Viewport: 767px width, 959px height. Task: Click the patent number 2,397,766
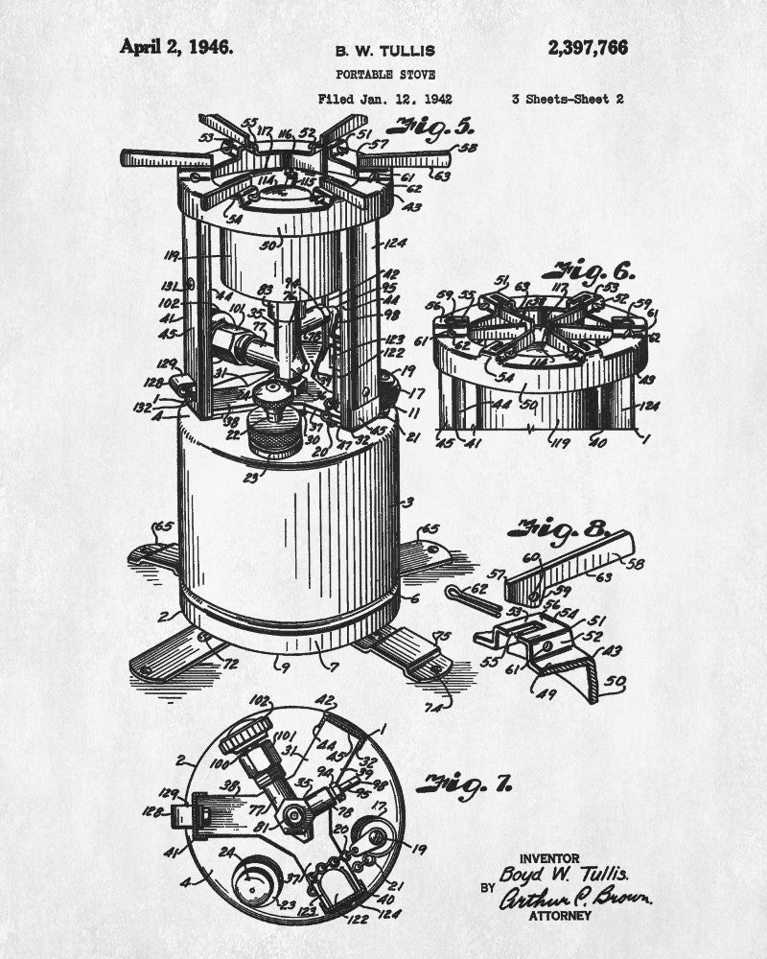[x=588, y=48]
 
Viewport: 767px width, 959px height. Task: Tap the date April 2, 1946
[x=175, y=47]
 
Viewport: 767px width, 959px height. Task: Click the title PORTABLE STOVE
[x=383, y=74]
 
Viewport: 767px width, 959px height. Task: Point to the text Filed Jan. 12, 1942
[x=385, y=98]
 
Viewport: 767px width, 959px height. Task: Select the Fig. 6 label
[x=601, y=271]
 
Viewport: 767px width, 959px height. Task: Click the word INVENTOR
[x=548, y=857]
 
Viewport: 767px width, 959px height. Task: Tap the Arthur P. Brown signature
[x=576, y=898]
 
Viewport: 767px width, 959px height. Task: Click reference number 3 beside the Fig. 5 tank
[x=409, y=502]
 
